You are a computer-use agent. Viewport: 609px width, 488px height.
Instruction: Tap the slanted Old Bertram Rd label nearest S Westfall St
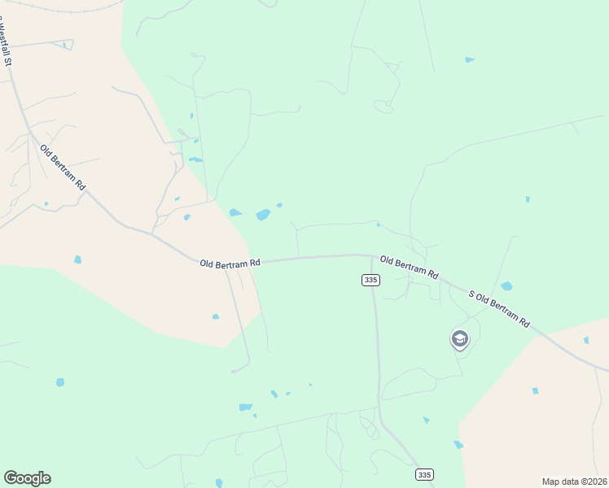point(63,168)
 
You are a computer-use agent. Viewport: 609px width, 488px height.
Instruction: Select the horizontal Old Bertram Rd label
point(230,263)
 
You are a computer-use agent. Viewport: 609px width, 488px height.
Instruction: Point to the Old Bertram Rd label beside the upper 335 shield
point(410,268)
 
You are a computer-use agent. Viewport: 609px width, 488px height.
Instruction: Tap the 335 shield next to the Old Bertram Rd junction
point(370,280)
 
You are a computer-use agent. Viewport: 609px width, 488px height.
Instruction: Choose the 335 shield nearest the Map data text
point(423,474)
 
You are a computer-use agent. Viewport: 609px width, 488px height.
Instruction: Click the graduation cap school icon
point(460,338)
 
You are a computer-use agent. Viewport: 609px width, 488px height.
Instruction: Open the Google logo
point(27,478)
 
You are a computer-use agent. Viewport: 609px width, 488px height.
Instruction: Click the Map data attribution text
point(575,481)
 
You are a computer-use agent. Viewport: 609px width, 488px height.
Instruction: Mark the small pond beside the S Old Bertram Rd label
point(506,286)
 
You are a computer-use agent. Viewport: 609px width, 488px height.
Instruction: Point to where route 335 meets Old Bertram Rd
point(373,256)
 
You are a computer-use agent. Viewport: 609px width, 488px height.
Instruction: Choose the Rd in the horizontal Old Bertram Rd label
point(254,262)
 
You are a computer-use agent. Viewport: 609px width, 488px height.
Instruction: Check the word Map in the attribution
point(551,481)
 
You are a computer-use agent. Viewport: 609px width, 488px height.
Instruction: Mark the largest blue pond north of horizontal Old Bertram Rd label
point(263,215)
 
